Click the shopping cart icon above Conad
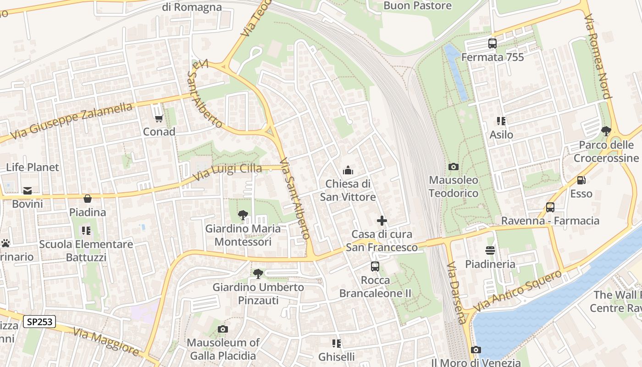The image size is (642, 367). point(159,119)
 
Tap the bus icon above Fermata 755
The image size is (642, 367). point(493,44)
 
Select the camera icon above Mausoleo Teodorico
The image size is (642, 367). point(454,167)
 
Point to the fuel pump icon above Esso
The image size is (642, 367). point(581,180)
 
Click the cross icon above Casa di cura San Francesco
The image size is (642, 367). point(382,221)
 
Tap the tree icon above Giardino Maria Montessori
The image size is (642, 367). point(243,215)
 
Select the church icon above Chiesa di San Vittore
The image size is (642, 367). point(348,171)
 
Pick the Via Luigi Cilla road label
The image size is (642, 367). point(227,172)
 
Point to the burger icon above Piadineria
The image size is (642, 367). point(490,250)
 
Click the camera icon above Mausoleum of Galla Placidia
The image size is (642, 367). point(223,329)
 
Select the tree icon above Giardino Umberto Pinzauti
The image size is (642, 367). point(258,274)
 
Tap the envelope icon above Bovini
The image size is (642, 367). point(28,190)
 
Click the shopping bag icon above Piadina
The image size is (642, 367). point(88,199)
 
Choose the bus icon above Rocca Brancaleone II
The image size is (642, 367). point(375,267)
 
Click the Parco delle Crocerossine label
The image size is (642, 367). point(606,151)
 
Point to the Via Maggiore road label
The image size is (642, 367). point(106,342)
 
